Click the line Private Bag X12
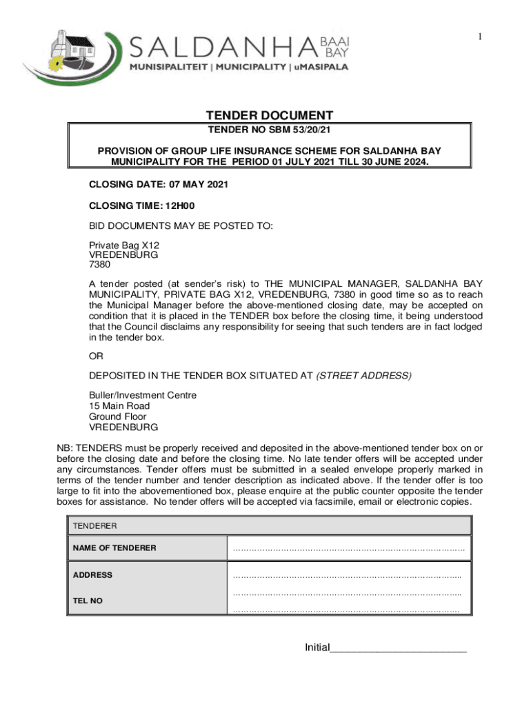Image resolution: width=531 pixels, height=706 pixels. coord(124,245)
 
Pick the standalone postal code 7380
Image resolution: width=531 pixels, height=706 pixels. coord(99,264)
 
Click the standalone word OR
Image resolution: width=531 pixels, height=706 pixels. coord(96,356)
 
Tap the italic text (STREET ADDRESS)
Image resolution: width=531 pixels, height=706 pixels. coord(364,375)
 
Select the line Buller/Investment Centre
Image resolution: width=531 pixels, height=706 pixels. coord(143,395)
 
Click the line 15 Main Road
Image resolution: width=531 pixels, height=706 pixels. coord(119,406)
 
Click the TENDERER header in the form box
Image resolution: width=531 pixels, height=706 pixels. coord(95,526)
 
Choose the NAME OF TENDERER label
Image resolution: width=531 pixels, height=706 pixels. coord(114,548)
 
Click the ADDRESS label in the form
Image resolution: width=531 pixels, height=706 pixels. coord(92,575)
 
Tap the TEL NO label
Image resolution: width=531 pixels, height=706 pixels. coord(88,601)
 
